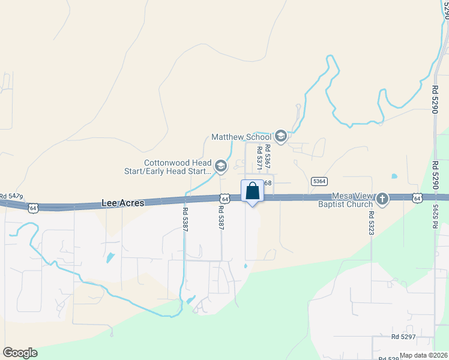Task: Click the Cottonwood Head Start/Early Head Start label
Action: (x=178, y=167)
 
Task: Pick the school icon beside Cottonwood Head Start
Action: (x=221, y=166)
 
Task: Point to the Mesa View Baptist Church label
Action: (x=353, y=200)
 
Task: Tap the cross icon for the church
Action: (x=382, y=199)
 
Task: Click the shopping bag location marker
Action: (x=253, y=192)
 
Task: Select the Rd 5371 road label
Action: (x=259, y=157)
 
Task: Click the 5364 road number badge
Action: (x=319, y=181)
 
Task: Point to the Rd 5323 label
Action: (x=372, y=223)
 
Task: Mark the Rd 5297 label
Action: (x=403, y=337)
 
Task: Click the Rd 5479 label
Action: (x=11, y=196)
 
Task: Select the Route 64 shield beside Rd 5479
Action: (x=34, y=208)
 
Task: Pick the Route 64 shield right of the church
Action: (x=417, y=197)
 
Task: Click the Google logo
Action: (x=20, y=353)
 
